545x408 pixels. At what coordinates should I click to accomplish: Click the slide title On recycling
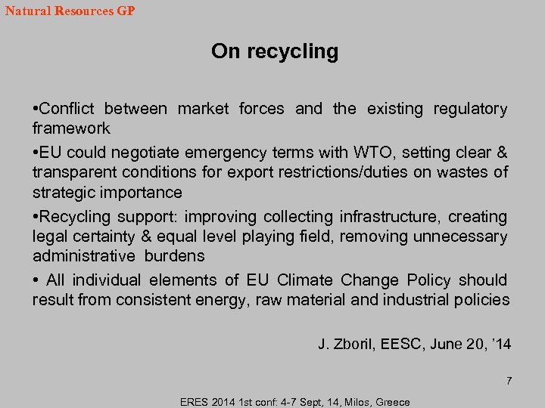275,51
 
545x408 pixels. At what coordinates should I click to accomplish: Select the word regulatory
470,109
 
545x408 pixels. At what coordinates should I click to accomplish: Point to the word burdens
176,257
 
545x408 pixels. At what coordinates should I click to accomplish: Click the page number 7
509,381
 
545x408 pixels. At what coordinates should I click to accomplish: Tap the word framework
71,128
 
